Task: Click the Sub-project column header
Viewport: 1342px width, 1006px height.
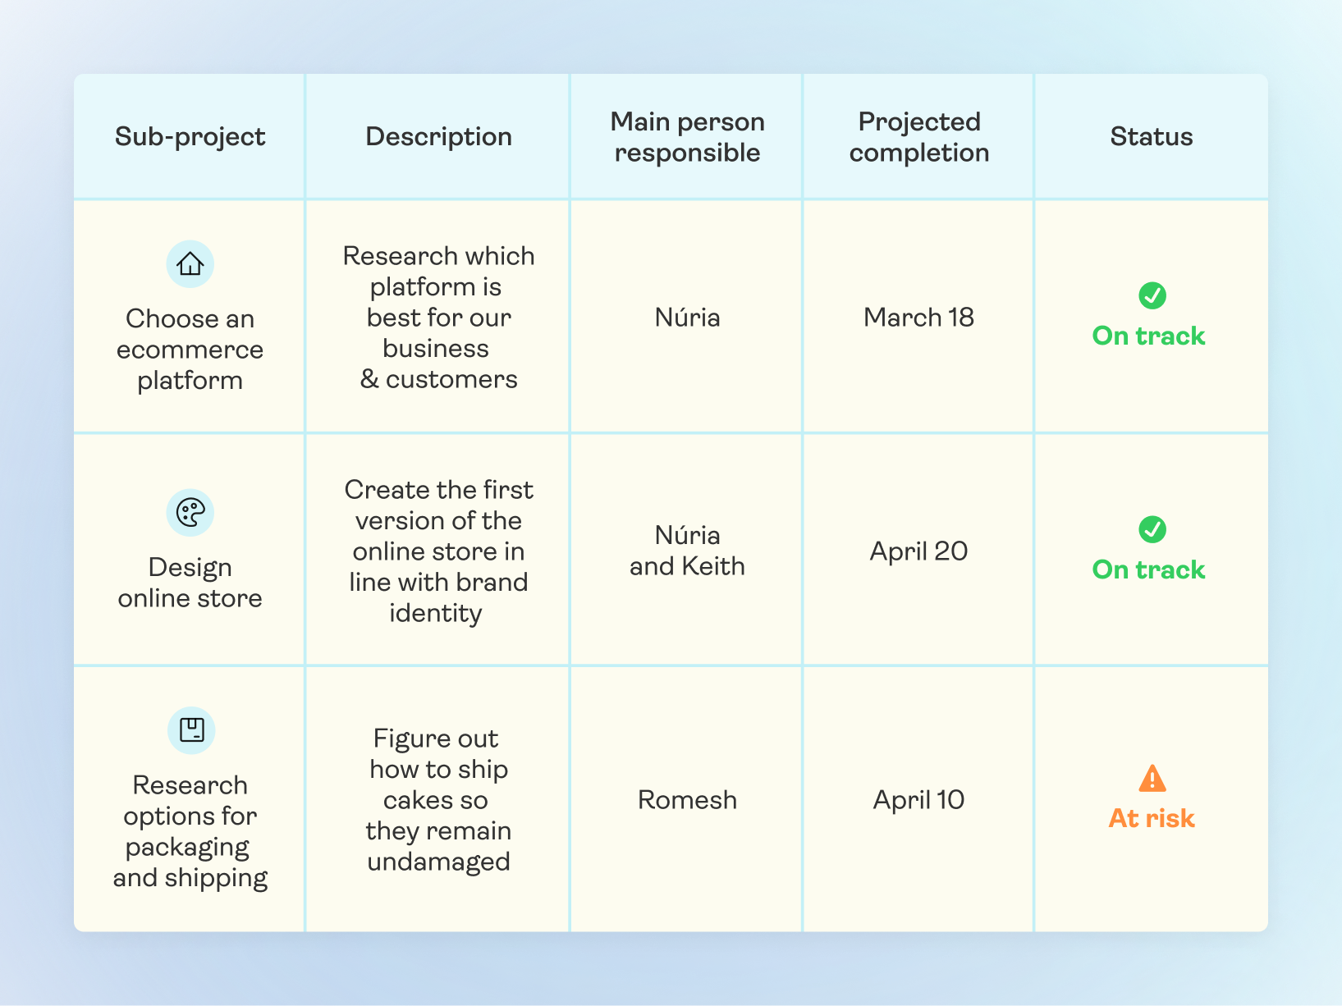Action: coord(190,136)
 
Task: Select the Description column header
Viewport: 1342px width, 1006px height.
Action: coord(438,136)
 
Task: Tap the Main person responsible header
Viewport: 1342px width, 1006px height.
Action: coord(687,136)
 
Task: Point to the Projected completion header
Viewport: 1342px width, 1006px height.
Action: coord(918,136)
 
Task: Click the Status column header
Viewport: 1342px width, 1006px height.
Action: coord(1151,136)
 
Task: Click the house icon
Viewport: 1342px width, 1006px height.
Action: coord(190,264)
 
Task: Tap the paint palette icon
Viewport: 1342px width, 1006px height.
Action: coord(190,513)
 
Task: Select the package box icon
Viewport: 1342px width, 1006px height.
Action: coord(191,730)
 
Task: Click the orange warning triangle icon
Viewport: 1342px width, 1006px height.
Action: coord(1152,778)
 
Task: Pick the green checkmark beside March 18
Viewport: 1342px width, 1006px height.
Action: coord(1152,295)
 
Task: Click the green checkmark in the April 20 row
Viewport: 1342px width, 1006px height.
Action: coord(1152,529)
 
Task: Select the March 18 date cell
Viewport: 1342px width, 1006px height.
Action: coord(918,318)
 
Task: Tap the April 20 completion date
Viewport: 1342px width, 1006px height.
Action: coord(918,551)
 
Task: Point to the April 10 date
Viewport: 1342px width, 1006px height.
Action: coord(918,800)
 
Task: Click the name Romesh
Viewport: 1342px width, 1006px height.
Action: coord(687,800)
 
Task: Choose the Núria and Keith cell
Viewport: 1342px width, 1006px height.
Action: coord(687,551)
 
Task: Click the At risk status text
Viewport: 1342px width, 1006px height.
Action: coord(1152,818)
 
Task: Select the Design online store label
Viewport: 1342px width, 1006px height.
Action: coord(190,583)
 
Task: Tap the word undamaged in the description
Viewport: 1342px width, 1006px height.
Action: coord(438,862)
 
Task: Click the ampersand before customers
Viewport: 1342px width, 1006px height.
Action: coord(369,379)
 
